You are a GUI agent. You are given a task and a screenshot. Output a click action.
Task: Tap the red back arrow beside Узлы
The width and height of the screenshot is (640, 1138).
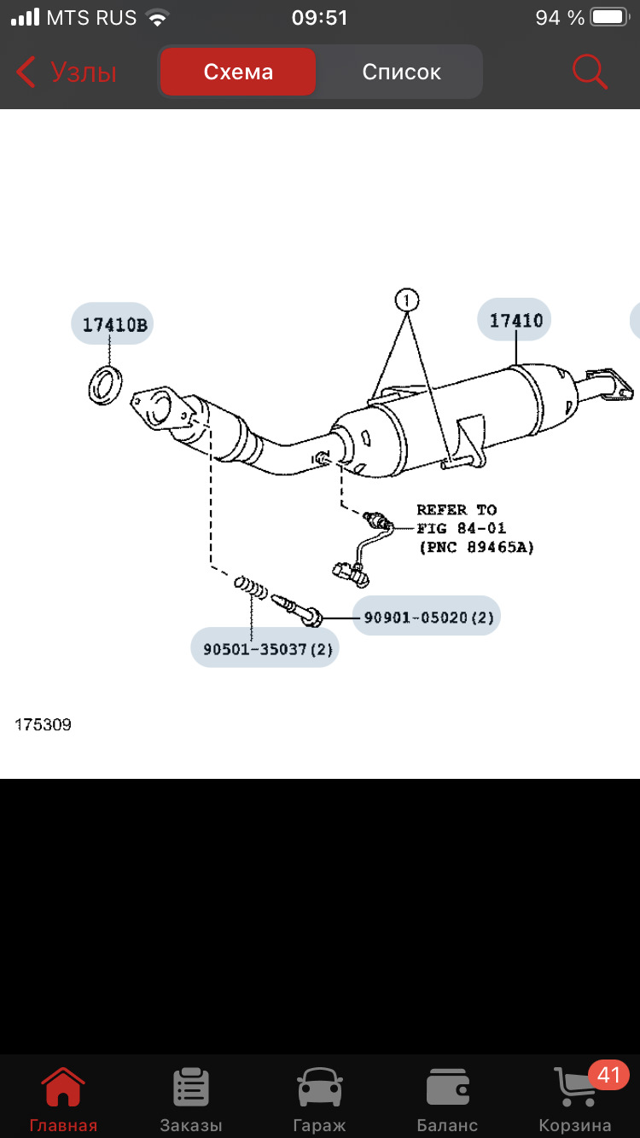tap(26, 73)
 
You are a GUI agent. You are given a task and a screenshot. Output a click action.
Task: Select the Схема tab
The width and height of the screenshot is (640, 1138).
tap(238, 73)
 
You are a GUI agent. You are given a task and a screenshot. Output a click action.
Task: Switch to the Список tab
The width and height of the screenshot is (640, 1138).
tap(401, 73)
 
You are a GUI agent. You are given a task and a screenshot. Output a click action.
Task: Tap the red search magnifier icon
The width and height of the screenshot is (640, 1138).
tap(590, 72)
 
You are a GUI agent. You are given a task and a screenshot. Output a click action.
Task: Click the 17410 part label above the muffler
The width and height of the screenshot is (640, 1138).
tap(516, 321)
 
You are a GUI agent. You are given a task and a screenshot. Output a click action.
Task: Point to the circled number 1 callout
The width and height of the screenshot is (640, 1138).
tap(407, 300)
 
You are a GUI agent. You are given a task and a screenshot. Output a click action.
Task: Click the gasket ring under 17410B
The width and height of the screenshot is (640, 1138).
tap(105, 384)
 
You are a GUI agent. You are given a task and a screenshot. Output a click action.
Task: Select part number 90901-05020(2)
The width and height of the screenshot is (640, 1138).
tap(428, 616)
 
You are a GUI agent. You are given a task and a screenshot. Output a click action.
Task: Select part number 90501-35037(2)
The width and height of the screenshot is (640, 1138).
tap(265, 648)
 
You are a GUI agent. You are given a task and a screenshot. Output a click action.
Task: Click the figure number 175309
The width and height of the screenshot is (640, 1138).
tap(44, 725)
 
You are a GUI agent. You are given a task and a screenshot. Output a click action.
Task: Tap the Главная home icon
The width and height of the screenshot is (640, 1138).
tap(63, 1089)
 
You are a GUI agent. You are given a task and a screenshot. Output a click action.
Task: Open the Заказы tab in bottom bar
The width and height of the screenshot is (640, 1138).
tap(191, 1089)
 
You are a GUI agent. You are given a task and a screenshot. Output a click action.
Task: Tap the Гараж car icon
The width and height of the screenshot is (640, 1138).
tap(319, 1089)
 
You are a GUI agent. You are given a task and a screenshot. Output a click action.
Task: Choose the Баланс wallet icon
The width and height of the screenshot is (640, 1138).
tap(447, 1089)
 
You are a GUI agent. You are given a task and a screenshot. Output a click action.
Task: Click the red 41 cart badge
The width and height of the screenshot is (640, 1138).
tap(608, 1075)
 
